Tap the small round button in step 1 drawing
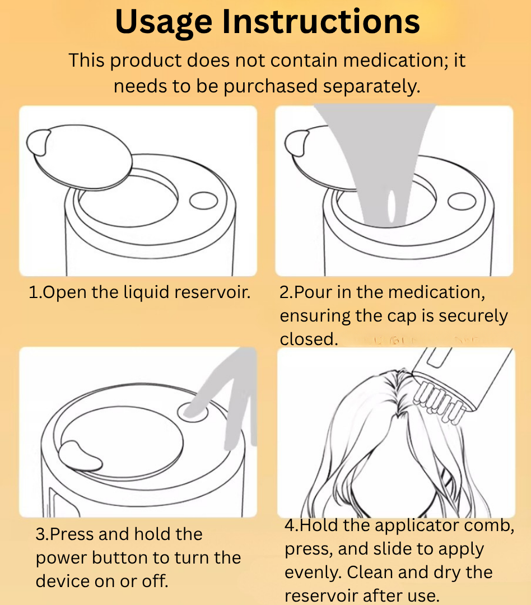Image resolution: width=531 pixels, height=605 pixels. pyautogui.click(x=204, y=201)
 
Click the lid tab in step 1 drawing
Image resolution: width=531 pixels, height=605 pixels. pyautogui.click(x=38, y=142)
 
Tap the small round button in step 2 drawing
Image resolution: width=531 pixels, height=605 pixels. pyautogui.click(x=462, y=202)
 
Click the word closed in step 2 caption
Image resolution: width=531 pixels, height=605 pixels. pyautogui.click(x=309, y=339)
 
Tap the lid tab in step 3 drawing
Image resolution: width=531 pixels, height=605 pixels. pyautogui.click(x=80, y=457)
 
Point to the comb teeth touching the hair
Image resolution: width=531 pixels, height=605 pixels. pyautogui.click(x=438, y=401)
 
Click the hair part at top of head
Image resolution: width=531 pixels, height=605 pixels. pyautogui.click(x=398, y=394)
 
